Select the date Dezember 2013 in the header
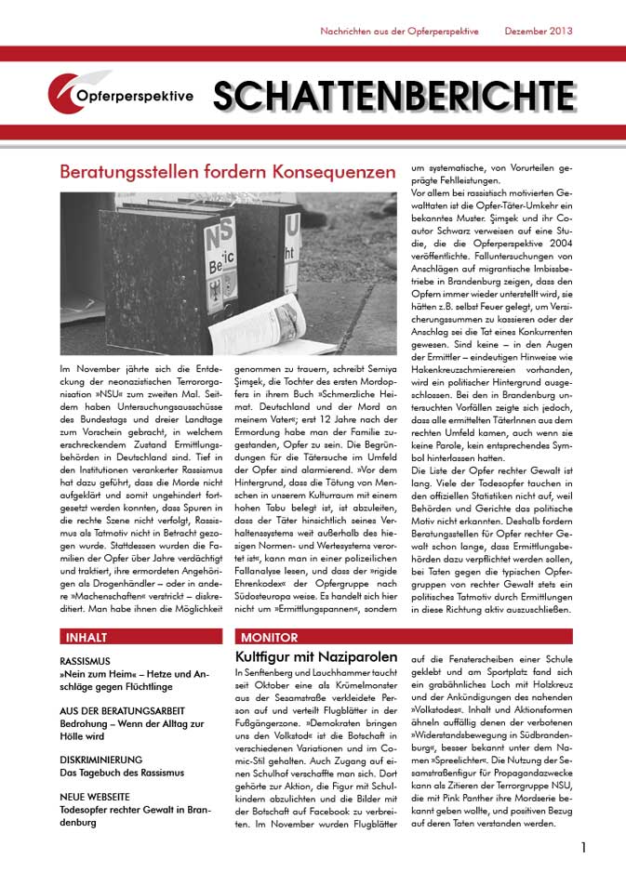tap(538, 31)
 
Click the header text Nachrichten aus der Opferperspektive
tap(399, 31)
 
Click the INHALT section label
tap(87, 638)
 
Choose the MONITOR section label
tap(269, 638)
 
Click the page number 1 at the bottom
tap(583, 847)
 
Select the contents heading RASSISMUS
tap(87, 661)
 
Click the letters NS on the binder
tap(224, 232)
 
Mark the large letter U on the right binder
tap(291, 224)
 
